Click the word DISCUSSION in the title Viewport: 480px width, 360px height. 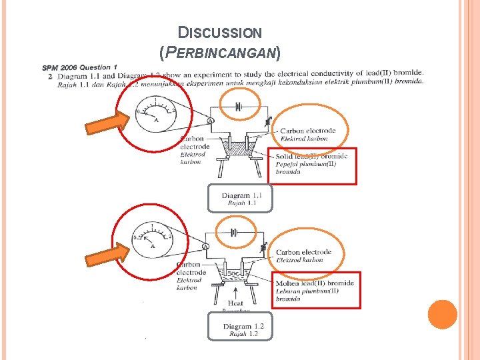click(x=220, y=32)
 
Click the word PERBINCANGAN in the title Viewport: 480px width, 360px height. click(x=220, y=51)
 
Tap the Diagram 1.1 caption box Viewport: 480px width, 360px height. click(x=240, y=198)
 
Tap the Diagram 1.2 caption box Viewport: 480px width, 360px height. click(x=239, y=328)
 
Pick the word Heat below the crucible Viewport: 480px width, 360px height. click(x=236, y=303)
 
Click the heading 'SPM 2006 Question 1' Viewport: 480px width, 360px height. click(x=80, y=67)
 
